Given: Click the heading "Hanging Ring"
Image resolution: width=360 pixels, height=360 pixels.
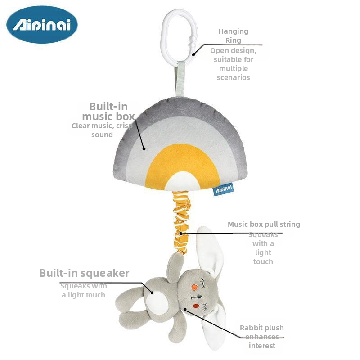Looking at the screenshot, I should coord(233,36).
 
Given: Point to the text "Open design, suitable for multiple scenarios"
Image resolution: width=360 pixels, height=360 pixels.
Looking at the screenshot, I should coord(234,64).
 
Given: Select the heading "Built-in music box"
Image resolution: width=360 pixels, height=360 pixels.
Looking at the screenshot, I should coord(108,112).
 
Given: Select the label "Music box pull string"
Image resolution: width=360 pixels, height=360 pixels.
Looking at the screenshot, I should coord(264,224).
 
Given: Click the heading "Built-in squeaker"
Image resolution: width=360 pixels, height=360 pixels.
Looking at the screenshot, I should coord(84,273).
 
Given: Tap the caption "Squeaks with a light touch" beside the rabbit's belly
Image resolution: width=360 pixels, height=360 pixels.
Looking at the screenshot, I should coord(84,290).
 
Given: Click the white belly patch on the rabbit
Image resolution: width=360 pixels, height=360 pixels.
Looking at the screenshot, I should coord(154,298).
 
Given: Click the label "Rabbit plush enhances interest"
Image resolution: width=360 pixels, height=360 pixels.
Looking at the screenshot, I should coord(261,337).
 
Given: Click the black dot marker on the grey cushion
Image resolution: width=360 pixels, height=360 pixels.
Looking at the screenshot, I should coord(144,148).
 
